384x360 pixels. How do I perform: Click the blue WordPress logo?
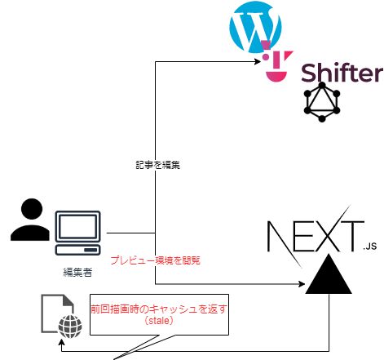coord(255,27)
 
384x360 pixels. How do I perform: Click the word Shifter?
coord(342,73)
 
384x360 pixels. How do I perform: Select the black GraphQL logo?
coord(322,102)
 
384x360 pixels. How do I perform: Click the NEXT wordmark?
coord(316,236)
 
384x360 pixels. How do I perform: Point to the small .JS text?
coord(370,247)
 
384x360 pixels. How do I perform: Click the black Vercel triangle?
coord(329,274)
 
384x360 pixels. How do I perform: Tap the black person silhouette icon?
coord(30,220)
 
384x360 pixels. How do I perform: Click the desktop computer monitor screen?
coord(78,226)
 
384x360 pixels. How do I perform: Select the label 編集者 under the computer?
coord(77,272)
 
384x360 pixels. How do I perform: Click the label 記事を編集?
coord(157,165)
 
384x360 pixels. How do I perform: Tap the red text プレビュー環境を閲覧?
coord(155,260)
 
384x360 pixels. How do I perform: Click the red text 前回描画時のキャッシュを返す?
coord(159,309)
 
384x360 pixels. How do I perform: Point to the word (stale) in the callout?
coord(159,321)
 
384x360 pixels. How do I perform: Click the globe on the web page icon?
coord(70,327)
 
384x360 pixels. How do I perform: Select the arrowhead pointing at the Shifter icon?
coord(258,61)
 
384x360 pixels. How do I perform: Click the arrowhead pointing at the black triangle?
coord(302,284)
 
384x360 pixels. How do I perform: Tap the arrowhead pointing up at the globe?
coord(62,341)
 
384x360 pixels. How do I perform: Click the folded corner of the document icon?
coord(68,300)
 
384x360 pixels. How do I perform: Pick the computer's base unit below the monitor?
coord(78,250)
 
